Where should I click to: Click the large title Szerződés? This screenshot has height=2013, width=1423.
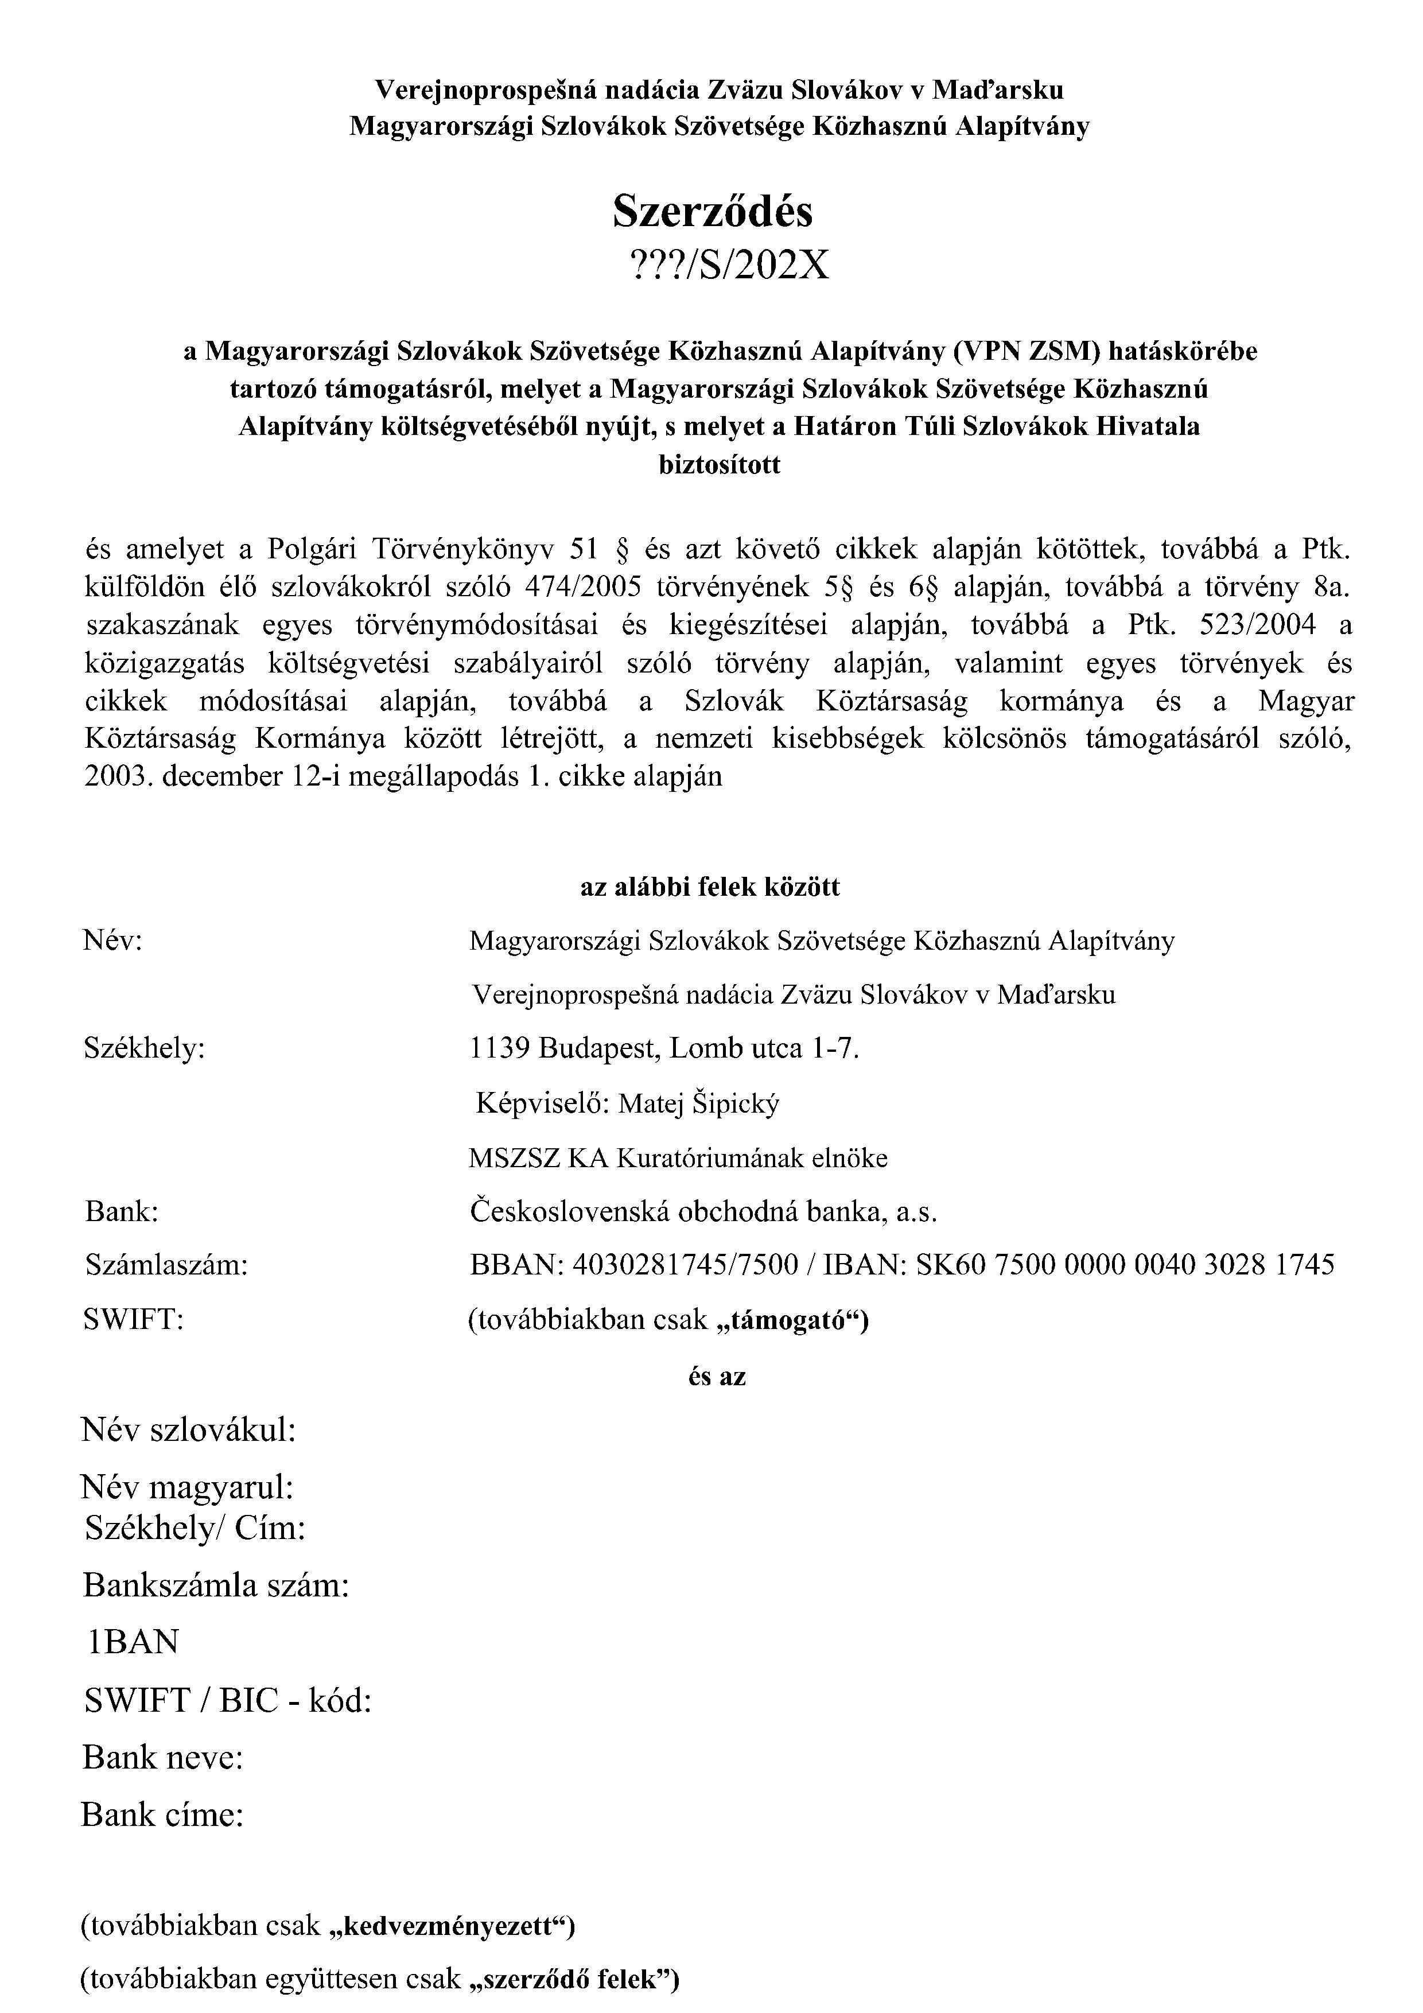coord(712,211)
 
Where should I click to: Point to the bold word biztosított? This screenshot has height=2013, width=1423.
coord(719,465)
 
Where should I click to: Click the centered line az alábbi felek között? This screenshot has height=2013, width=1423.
coord(710,887)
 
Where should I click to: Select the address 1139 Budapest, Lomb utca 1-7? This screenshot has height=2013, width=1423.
coord(664,1048)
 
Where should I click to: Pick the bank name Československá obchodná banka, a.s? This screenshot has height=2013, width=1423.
coord(703,1212)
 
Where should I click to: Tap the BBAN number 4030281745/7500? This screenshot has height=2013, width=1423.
coord(685,1265)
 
